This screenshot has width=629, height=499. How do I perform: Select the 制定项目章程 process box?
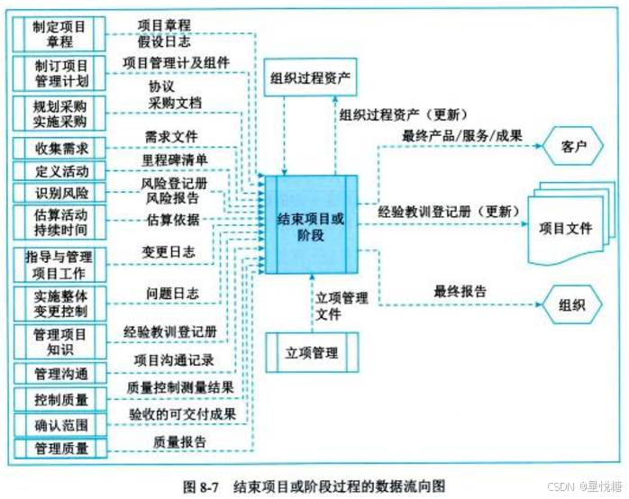[x=59, y=34]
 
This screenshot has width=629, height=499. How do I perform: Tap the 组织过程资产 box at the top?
[x=311, y=78]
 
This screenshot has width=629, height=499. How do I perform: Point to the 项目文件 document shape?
[x=565, y=228]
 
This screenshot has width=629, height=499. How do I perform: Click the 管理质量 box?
[x=59, y=447]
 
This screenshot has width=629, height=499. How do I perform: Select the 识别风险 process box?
[x=59, y=193]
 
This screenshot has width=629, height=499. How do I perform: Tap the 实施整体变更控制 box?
[x=59, y=300]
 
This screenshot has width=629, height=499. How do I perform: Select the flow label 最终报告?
[x=460, y=291]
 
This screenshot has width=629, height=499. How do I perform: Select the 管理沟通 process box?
[x=59, y=373]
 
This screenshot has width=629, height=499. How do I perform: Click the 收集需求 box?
[x=59, y=148]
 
